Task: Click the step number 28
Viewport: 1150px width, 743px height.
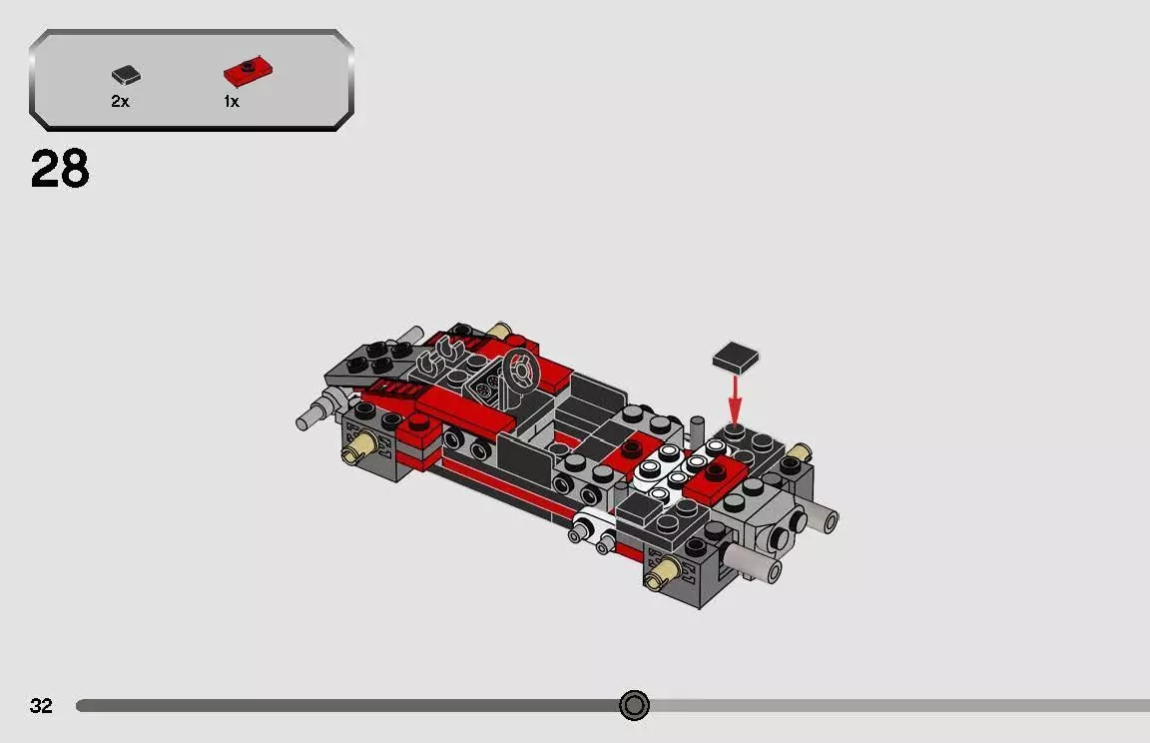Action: tap(60, 170)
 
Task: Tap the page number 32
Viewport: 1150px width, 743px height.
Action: tap(41, 706)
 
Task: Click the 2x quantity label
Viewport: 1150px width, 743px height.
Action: tap(120, 102)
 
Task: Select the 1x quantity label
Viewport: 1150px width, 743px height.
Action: tap(232, 102)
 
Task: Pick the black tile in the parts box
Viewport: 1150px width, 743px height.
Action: tap(126, 74)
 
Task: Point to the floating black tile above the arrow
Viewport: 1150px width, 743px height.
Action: tap(735, 357)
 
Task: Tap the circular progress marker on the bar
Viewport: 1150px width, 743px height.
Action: tap(634, 706)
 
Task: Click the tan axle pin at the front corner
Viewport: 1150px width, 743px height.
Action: tap(660, 577)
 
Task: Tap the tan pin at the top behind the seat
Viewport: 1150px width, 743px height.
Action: tap(502, 333)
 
